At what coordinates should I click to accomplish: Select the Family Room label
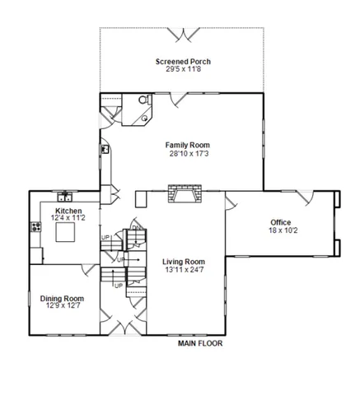(181, 145)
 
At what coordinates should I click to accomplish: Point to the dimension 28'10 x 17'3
(181, 153)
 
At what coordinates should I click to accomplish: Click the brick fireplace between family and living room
(180, 196)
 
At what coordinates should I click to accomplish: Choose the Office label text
(281, 222)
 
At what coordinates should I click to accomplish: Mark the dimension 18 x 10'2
(281, 230)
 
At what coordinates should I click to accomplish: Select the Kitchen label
(69, 211)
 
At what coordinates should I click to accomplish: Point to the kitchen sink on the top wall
(64, 197)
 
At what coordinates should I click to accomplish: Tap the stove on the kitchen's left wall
(36, 226)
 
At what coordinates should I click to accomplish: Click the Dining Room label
(63, 299)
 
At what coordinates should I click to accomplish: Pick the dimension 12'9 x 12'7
(63, 307)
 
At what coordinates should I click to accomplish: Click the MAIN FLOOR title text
(200, 344)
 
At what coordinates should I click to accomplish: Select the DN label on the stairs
(136, 228)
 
